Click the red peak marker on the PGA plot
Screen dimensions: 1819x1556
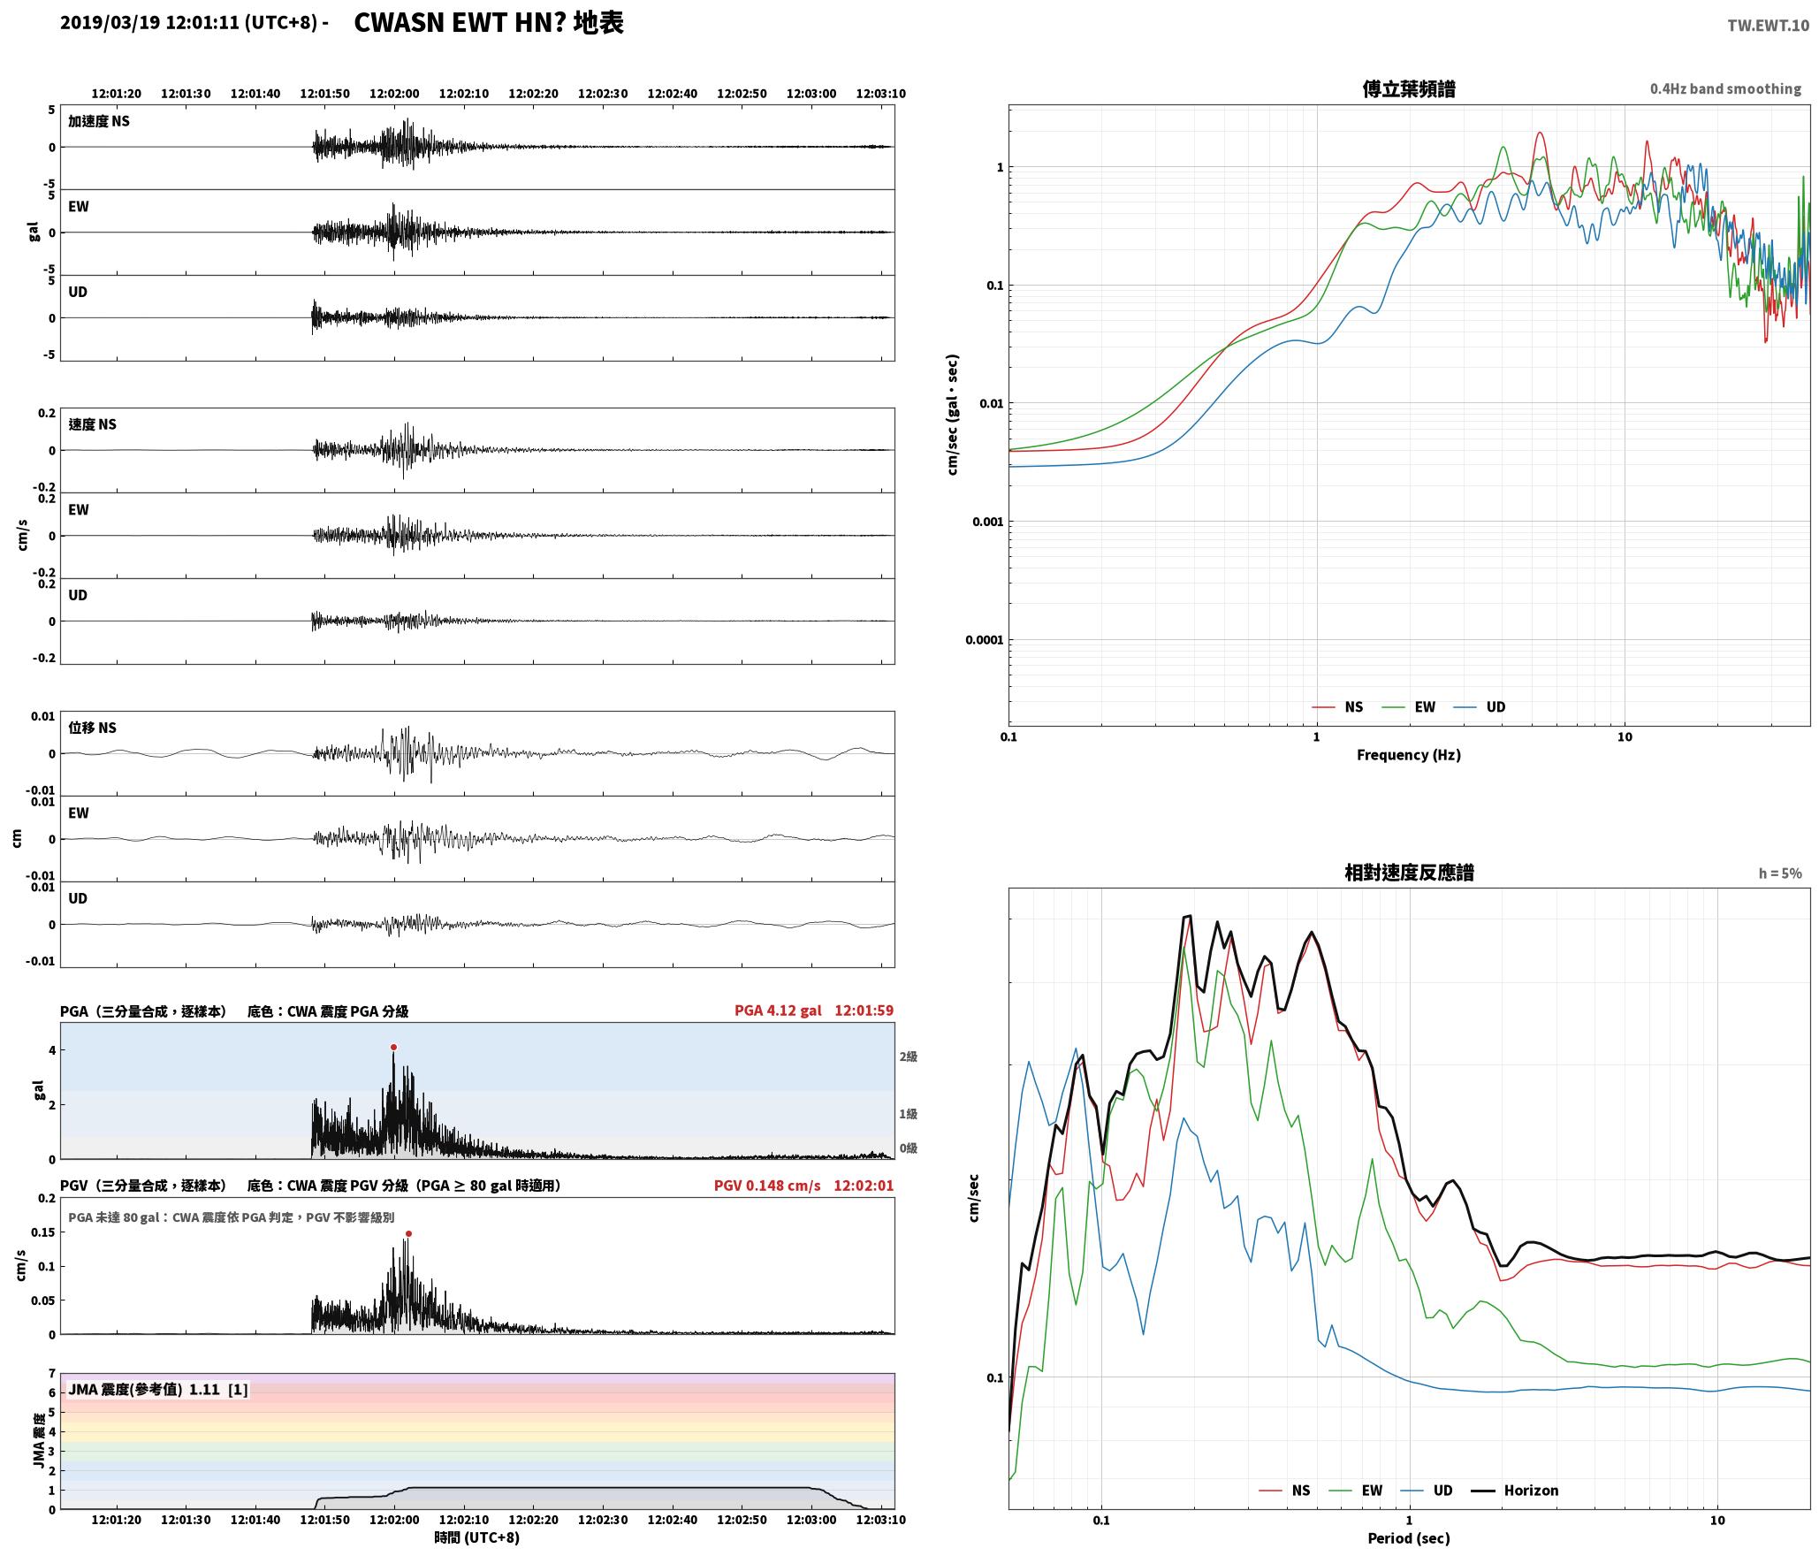pos(393,1048)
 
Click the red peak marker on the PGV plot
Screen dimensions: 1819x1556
pos(408,1233)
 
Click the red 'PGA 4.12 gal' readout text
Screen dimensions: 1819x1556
pos(778,1011)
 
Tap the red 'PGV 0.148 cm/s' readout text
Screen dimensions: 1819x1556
pos(767,1185)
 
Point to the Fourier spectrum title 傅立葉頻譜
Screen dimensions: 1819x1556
pos(1409,89)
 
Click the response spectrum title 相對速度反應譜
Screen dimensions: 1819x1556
pos(1409,873)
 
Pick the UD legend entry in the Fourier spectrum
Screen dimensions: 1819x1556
pos(1480,707)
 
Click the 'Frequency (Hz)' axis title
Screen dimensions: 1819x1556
pos(1409,755)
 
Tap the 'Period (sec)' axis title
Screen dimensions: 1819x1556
pos(1409,1538)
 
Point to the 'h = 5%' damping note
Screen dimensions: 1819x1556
pos(1779,873)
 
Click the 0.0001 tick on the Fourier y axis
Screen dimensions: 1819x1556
pos(983,640)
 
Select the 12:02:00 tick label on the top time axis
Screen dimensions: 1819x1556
pos(394,94)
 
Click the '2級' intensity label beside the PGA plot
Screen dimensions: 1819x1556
pos(909,1056)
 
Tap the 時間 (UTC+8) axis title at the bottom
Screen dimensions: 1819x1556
pos(476,1537)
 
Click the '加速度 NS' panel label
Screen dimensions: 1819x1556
pos(99,121)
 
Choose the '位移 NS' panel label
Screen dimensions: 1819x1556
pos(93,728)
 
